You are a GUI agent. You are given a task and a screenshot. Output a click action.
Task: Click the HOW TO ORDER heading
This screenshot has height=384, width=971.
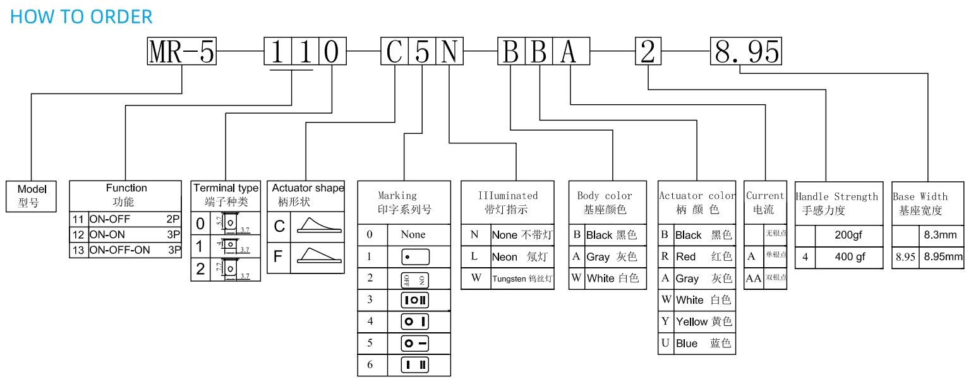81,16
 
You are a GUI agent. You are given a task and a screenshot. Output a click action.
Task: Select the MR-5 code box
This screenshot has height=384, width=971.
182,51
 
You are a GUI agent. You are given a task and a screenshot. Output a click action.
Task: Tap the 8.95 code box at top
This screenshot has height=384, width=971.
746,51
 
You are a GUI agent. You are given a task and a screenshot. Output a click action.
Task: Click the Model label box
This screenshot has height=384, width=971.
32,196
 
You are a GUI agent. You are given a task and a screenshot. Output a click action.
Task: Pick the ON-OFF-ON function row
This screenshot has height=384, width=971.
125,249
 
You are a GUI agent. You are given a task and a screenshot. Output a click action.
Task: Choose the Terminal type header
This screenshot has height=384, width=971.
226,195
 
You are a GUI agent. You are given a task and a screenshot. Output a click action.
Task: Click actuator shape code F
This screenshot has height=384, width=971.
278,257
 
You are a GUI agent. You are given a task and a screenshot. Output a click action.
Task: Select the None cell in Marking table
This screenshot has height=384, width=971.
413,234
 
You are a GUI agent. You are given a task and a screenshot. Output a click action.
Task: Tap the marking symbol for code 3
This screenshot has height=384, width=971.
415,299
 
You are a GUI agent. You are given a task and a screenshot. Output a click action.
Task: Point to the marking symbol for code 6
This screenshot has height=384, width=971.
415,364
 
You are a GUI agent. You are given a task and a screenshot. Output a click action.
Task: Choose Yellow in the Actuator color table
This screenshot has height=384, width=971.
703,321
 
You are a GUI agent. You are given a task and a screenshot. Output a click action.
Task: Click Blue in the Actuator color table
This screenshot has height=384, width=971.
703,344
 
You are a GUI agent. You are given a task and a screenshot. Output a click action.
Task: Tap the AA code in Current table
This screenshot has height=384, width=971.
754,278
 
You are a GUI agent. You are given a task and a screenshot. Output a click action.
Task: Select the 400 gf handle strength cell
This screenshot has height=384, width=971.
850,257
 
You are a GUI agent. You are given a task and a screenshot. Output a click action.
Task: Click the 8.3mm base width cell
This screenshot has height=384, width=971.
941,235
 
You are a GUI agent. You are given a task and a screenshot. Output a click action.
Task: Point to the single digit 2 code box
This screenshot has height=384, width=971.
648,51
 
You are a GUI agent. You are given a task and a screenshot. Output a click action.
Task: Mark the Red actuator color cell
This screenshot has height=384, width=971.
703,256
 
